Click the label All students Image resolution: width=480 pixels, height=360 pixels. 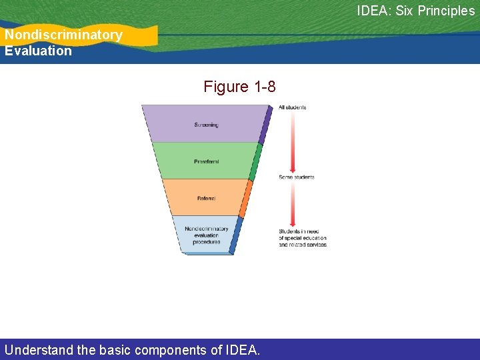pyautogui.click(x=292, y=107)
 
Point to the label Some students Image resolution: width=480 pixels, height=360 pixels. pyautogui.click(x=296, y=177)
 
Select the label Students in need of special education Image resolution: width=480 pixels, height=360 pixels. pyautogui.click(x=302, y=238)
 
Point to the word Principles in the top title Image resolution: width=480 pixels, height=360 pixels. pyautogui.click(x=447, y=11)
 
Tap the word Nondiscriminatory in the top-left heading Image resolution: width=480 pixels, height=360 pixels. pyautogui.click(x=63, y=35)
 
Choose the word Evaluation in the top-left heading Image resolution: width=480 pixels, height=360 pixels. pyautogui.click(x=38, y=51)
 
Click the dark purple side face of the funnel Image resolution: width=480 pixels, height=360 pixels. pyautogui.click(x=266, y=125)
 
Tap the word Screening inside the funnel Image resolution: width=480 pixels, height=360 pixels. pyautogui.click(x=206, y=125)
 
